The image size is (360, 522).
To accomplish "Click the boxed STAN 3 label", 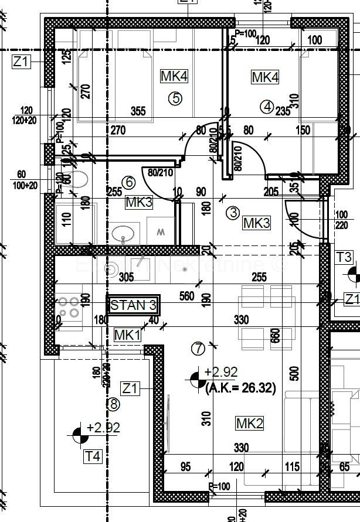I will tap(133, 305).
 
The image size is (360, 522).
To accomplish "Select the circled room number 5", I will tap(174, 98).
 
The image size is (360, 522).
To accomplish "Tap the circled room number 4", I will tap(267, 107).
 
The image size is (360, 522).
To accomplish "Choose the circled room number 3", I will tap(233, 213).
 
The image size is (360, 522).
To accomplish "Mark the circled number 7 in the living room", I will tap(198, 349).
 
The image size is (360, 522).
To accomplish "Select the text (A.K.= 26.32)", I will tap(240, 387).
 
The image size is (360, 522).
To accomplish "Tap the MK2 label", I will tap(249, 423).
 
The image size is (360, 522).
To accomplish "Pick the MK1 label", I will tap(127, 335).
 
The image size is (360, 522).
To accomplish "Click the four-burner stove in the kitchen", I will tap(69, 306).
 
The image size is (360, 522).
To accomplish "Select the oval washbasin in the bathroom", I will tap(124, 234).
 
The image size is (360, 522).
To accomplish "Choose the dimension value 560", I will tap(187, 296).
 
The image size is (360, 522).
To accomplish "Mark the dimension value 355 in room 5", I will tap(138, 111).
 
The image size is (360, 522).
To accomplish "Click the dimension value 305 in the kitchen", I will tap(125, 279).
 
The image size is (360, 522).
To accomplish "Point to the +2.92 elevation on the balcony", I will tap(103, 428).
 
